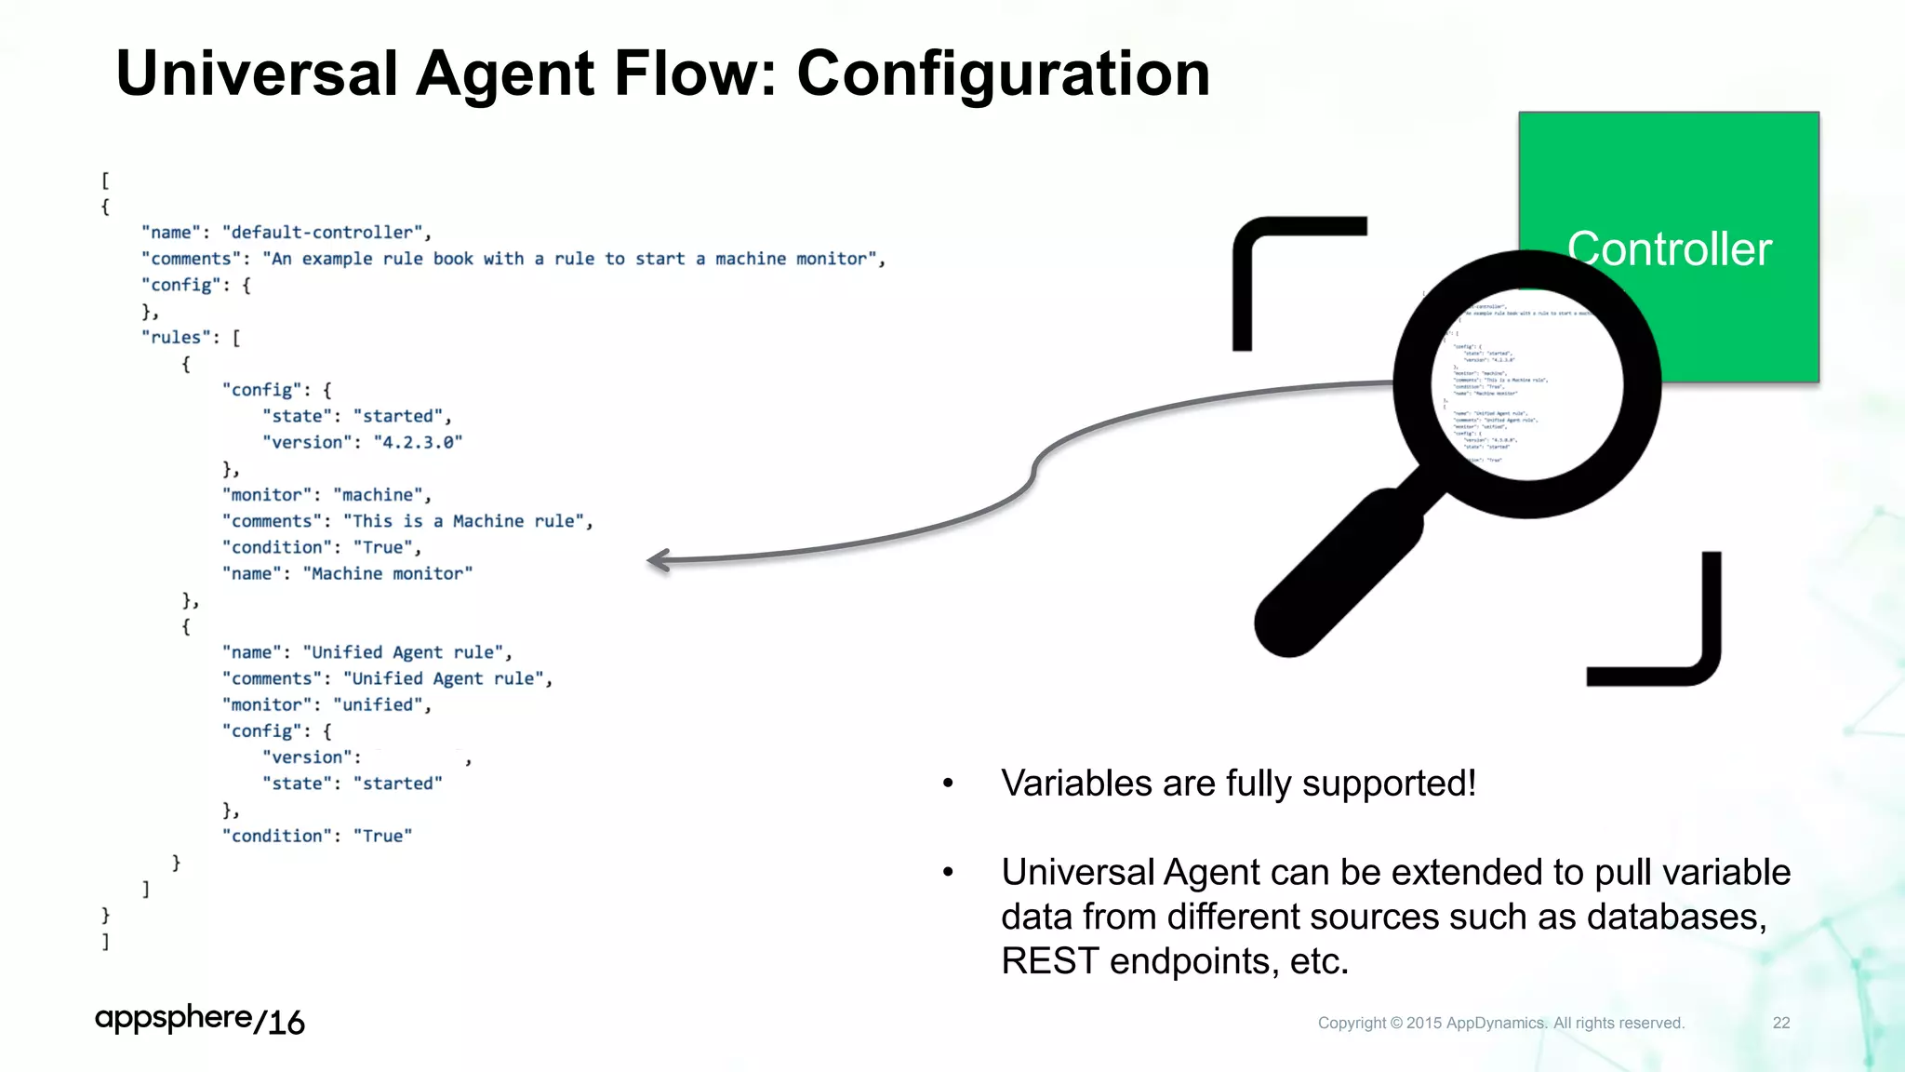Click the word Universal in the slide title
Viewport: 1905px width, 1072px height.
257,74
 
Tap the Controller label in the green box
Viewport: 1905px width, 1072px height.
1669,249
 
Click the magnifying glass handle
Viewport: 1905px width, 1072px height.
1339,571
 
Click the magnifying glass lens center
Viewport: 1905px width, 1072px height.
1526,383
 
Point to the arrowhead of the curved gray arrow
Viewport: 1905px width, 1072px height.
657,560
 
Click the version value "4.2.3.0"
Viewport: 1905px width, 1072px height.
418,443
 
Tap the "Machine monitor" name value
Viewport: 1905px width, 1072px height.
387,574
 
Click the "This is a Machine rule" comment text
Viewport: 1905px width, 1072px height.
463,521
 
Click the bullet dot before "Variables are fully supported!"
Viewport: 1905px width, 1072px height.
948,784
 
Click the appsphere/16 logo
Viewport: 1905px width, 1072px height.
199,1020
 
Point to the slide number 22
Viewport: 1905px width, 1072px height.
1780,1023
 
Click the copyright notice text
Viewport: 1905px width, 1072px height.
1500,1023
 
